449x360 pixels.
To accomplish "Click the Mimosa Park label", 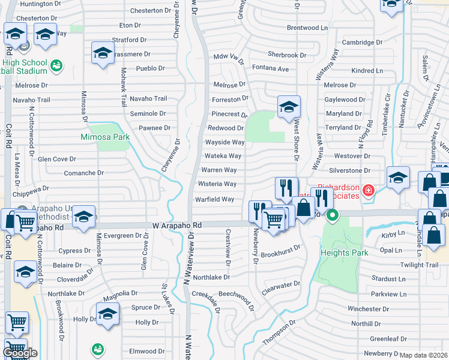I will click(105, 137).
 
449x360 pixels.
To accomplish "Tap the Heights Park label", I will click(345, 253).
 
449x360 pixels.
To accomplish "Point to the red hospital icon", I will click(367, 191).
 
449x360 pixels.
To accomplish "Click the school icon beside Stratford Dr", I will click(103, 53).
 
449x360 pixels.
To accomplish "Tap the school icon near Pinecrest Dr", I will click(289, 107).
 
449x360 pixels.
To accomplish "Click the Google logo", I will click(20, 353).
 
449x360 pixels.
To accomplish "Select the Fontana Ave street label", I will click(270, 68).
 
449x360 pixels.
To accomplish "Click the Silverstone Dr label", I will click(358, 170).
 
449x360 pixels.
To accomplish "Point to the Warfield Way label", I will click(214, 199).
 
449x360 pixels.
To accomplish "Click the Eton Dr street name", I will click(130, 25).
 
